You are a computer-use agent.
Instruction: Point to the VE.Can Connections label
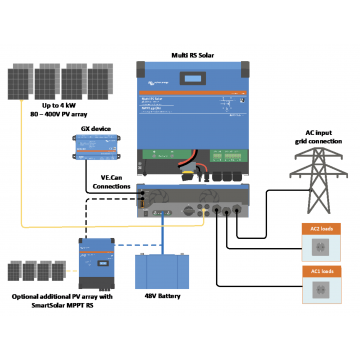110,182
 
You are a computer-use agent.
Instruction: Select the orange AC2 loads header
322,229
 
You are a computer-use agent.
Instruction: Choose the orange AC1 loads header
322,271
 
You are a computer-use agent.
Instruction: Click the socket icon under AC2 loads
322,246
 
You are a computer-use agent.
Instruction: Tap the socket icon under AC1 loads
322,288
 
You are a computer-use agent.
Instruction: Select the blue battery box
163,270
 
